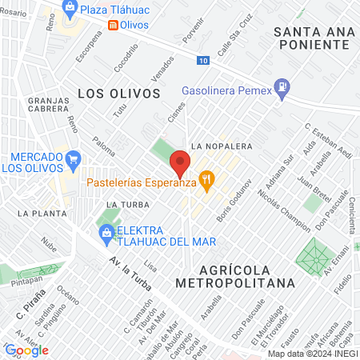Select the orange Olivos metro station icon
114,25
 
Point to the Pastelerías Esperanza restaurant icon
207,182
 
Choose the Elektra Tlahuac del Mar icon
106,233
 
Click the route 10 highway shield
206,60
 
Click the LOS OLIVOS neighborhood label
119,93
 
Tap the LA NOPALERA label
222,146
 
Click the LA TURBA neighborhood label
123,205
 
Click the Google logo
26,350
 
